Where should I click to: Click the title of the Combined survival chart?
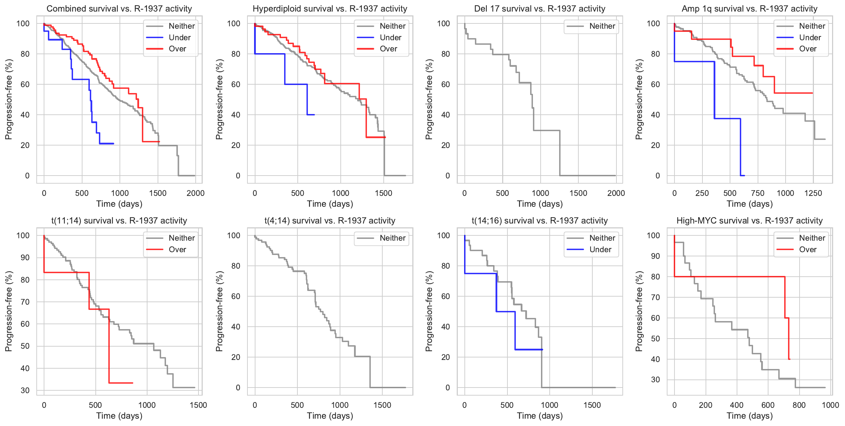coord(119,9)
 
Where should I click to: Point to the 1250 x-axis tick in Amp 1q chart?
coord(813,193)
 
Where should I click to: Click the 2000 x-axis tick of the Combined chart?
coord(195,193)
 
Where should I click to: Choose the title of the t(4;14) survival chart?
coord(330,221)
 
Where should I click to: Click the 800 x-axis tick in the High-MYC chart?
coord(799,405)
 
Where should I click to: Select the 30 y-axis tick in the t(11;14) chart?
coord(25,390)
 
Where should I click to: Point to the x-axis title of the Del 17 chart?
coord(540,204)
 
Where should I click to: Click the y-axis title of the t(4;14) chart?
coord(219,311)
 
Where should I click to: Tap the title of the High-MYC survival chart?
coord(750,221)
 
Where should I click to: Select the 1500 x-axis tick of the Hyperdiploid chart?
coord(384,193)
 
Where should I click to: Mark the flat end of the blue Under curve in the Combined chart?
coord(113,143)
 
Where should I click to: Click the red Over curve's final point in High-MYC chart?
coord(789,359)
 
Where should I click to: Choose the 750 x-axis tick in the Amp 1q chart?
coord(758,193)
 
